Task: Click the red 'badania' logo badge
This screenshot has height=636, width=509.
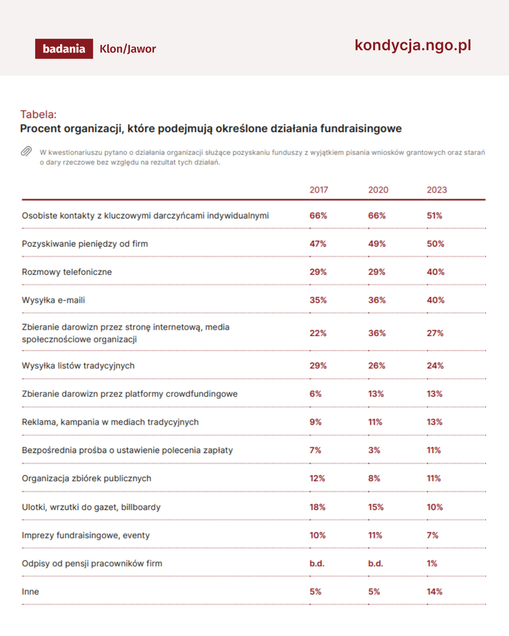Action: [64, 48]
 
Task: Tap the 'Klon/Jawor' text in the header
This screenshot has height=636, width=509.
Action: [127, 49]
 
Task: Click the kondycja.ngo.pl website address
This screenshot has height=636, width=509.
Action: [413, 46]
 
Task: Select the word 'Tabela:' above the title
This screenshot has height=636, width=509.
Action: [39, 114]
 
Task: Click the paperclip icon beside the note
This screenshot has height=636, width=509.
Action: [26, 151]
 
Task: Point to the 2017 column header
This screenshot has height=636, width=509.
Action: [319, 190]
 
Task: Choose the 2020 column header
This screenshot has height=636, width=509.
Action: [378, 190]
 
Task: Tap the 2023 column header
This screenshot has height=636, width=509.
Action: [437, 190]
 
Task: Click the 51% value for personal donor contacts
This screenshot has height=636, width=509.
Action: [434, 216]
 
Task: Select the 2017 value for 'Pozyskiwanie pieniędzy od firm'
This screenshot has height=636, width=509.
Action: [318, 244]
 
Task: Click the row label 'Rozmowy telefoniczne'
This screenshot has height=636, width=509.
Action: [67, 272]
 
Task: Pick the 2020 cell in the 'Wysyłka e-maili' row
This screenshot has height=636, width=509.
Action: [376, 300]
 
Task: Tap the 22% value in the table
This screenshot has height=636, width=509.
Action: [318, 333]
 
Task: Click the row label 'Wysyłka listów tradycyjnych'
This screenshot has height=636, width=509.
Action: [78, 366]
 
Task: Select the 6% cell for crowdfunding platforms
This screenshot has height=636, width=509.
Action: [315, 394]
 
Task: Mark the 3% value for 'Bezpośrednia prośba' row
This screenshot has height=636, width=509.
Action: [374, 450]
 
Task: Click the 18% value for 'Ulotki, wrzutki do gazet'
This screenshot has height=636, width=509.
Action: [318, 507]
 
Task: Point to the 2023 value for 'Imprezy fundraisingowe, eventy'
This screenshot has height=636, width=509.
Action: [433, 536]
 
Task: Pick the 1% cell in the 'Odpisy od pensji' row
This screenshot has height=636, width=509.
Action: [432, 564]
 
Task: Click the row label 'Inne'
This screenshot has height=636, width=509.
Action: [30, 592]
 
